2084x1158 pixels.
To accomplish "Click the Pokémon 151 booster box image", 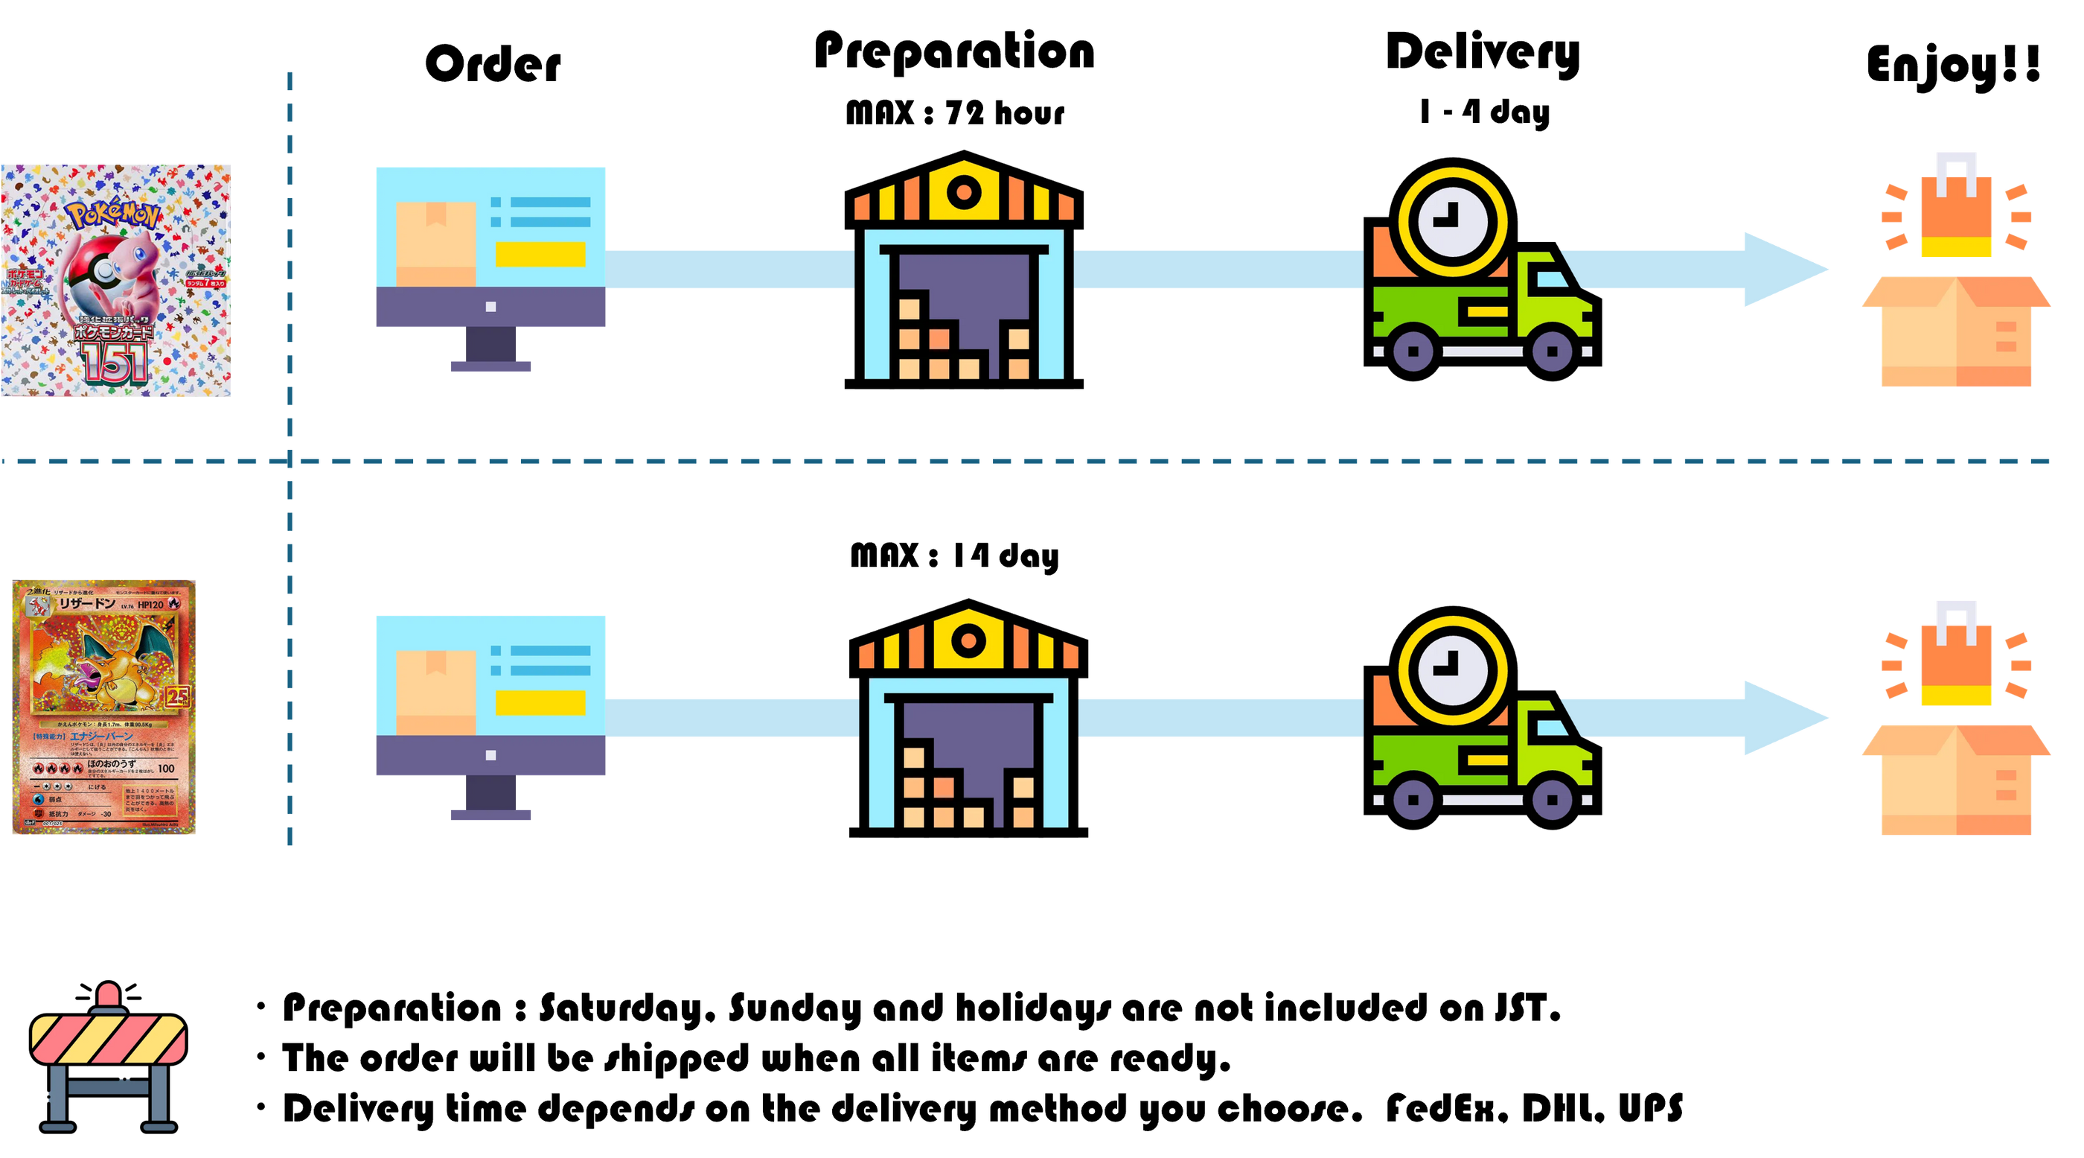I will pyautogui.click(x=115, y=281).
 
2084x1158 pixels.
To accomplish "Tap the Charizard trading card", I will pyautogui.click(x=103, y=707).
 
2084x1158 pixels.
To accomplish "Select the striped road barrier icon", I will pyautogui.click(x=109, y=1060).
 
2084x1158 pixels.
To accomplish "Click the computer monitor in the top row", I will pyautogui.click(x=490, y=267).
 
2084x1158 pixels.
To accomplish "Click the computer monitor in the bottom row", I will pyautogui.click(x=490, y=716).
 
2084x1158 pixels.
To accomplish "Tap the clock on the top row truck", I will pyautogui.click(x=1453, y=221).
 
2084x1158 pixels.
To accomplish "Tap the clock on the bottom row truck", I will pyautogui.click(x=1453, y=670).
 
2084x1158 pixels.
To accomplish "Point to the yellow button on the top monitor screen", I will pyautogui.click(x=540, y=254).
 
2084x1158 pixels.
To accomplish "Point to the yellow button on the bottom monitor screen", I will pyautogui.click(x=540, y=702).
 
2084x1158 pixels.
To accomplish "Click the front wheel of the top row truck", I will pyautogui.click(x=1552, y=351).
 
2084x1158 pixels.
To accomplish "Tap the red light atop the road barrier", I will pyautogui.click(x=109, y=996).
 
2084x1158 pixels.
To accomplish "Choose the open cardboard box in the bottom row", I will pyautogui.click(x=1956, y=781).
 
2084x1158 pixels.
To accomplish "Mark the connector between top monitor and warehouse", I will pyautogui.click(x=731, y=270).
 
